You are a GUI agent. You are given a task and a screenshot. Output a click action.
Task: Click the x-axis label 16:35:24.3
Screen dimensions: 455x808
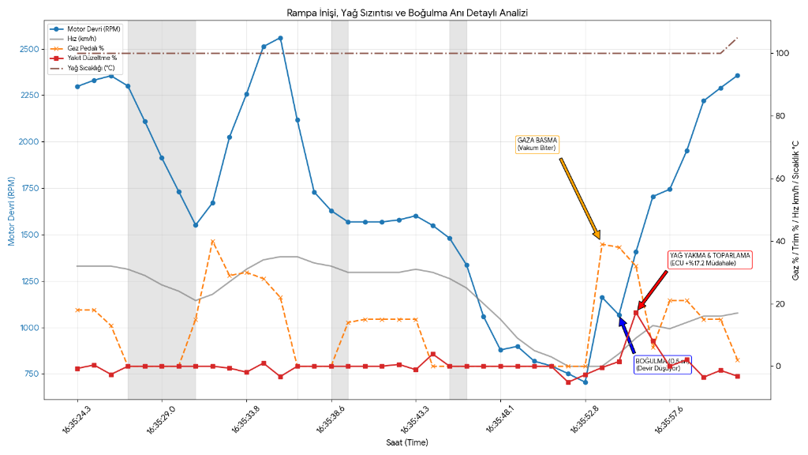[x=75, y=419]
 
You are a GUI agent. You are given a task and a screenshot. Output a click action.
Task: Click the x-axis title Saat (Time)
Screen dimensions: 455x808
[x=406, y=443]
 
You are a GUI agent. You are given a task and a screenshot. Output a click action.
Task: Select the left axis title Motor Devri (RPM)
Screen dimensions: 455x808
[x=13, y=212]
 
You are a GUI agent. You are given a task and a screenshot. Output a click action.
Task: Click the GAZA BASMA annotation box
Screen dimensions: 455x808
[x=537, y=144]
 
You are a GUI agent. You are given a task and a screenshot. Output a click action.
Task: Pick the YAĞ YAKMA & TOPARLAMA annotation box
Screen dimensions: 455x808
[x=709, y=259]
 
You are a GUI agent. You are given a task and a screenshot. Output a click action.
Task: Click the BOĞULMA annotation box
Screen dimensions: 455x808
[x=663, y=364]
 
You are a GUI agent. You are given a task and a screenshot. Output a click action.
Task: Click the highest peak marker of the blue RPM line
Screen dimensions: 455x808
[x=280, y=38]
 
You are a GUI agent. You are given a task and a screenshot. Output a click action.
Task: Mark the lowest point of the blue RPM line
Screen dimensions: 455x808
[x=585, y=382]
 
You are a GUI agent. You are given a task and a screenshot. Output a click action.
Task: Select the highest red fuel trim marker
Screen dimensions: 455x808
[x=636, y=313]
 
